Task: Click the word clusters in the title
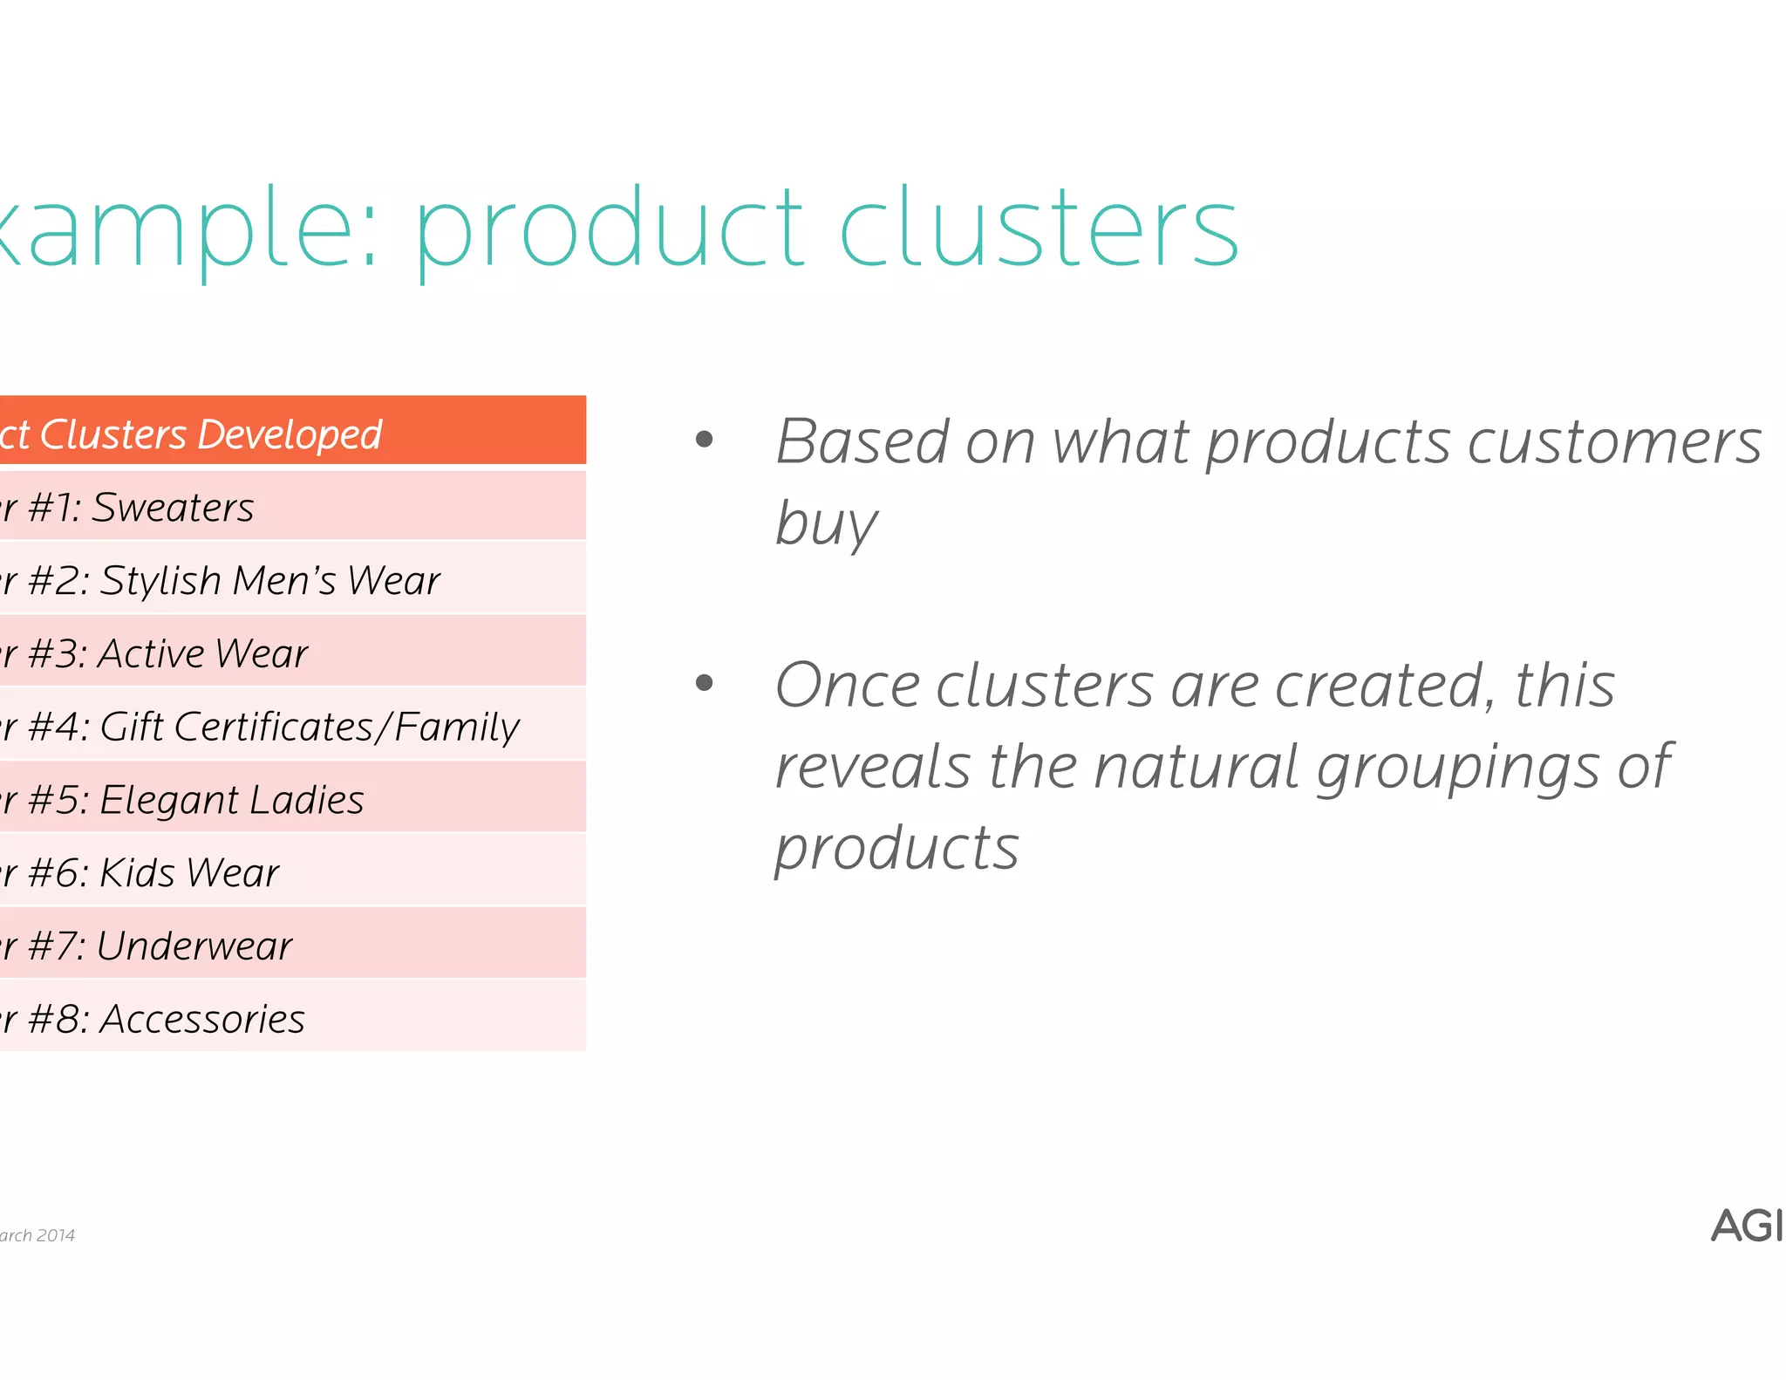(1038, 229)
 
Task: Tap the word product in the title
(608, 229)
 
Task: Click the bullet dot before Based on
(705, 440)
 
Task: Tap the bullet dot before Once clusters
(705, 683)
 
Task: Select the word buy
(826, 523)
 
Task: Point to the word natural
(1196, 766)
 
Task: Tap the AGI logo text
(1746, 1226)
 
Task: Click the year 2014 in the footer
(56, 1235)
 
